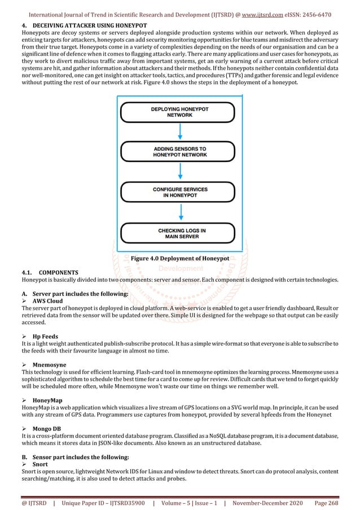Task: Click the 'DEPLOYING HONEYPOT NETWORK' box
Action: pos(179,111)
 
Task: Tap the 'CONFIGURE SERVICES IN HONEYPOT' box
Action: pos(179,191)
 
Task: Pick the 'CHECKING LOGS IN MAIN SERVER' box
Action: pos(179,233)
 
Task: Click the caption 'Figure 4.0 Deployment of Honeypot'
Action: pos(179,258)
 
